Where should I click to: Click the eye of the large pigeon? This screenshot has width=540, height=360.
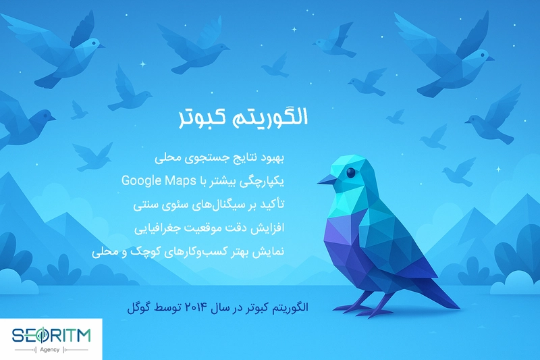tap(350, 174)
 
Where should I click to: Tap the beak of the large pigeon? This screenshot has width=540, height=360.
tap(327, 180)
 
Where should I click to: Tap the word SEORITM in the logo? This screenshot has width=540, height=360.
tap(55, 334)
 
